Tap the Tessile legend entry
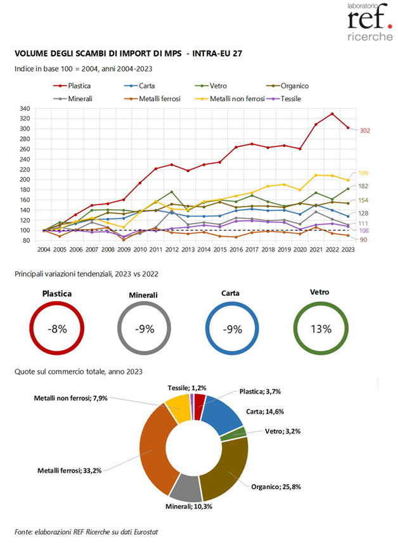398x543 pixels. pos(307,99)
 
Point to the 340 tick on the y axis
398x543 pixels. pos(25,108)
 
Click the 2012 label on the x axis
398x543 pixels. pos(171,251)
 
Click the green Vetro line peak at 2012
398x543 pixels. pos(171,192)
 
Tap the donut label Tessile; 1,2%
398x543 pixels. pos(187,387)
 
